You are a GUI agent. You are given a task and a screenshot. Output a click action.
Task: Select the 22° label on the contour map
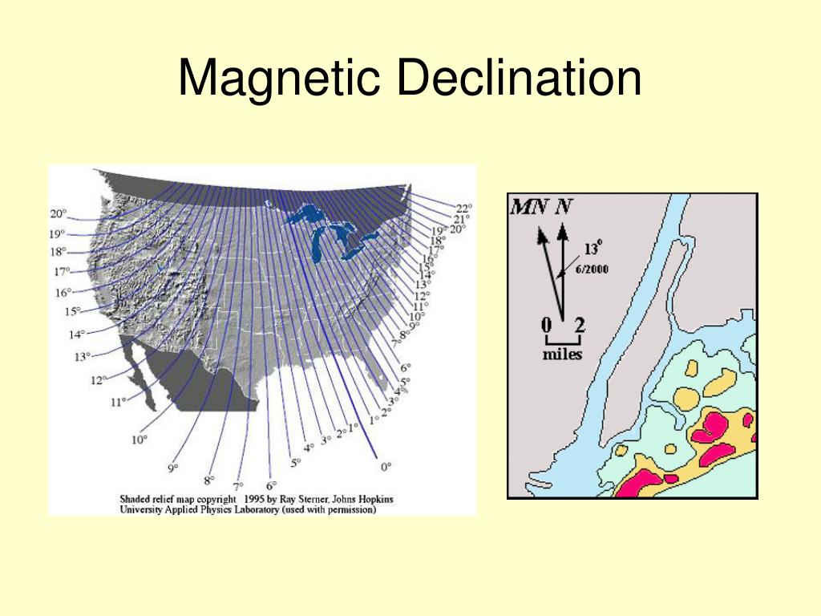point(464,209)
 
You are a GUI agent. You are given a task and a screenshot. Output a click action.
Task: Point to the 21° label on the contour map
point(461,219)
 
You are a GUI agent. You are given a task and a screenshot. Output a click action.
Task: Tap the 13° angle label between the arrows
point(592,249)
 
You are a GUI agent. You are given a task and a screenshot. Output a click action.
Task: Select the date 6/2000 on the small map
point(591,269)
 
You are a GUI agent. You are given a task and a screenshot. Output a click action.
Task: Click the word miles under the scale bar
point(562,355)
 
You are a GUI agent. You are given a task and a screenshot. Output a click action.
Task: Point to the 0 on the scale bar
point(546,326)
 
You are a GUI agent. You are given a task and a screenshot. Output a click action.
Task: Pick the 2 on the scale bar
point(580,326)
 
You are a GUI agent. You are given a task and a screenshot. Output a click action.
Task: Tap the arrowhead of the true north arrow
point(563,232)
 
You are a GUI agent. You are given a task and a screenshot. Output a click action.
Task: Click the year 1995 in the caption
point(256,498)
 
